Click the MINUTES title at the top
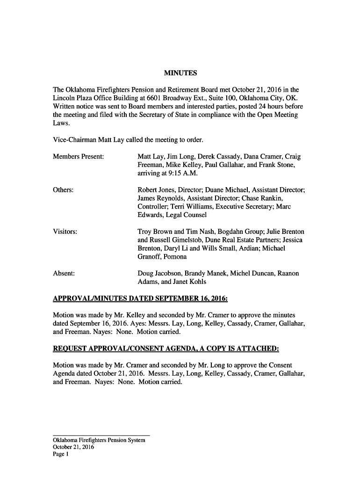tap(180, 73)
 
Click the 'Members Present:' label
tap(79, 156)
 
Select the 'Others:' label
tap(64, 190)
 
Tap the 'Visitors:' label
tap(65, 232)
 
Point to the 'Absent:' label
tap(64, 273)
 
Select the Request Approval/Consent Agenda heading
tap(166, 348)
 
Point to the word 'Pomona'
tap(175, 257)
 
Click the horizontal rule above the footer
tap(101, 435)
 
